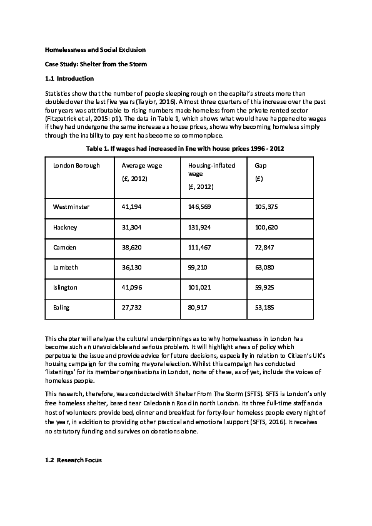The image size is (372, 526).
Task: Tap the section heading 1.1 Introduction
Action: (x=69, y=79)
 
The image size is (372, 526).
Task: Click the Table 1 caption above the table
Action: (x=185, y=147)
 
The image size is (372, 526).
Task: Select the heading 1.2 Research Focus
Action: (x=73, y=460)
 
